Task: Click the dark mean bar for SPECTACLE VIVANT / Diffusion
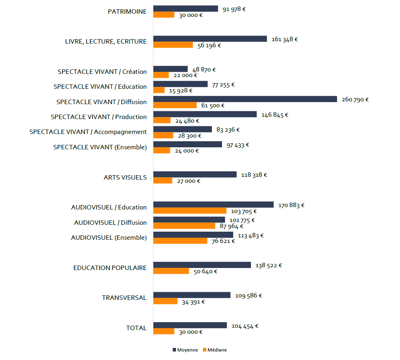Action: click(245, 99)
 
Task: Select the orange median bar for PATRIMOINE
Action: click(164, 15)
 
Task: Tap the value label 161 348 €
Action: click(285, 39)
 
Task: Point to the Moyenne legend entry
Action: click(185, 350)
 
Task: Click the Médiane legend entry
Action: click(215, 350)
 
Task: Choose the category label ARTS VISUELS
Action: click(125, 177)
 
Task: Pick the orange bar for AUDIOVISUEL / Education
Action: click(190, 211)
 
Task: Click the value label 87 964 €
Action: click(231, 226)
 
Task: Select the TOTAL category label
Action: click(136, 328)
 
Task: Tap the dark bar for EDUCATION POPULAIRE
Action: click(202, 265)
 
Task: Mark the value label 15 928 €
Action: click(180, 90)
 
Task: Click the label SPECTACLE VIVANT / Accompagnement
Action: click(88, 132)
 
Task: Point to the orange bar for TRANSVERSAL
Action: click(165, 301)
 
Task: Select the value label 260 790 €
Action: click(355, 100)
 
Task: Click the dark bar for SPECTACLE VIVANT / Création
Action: click(170, 69)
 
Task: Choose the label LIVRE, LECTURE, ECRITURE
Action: click(106, 41)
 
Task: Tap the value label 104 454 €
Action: click(245, 326)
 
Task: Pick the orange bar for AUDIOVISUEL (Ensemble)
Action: click(180, 241)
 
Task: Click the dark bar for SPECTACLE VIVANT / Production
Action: click(205, 114)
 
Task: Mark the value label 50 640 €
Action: click(205, 272)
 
